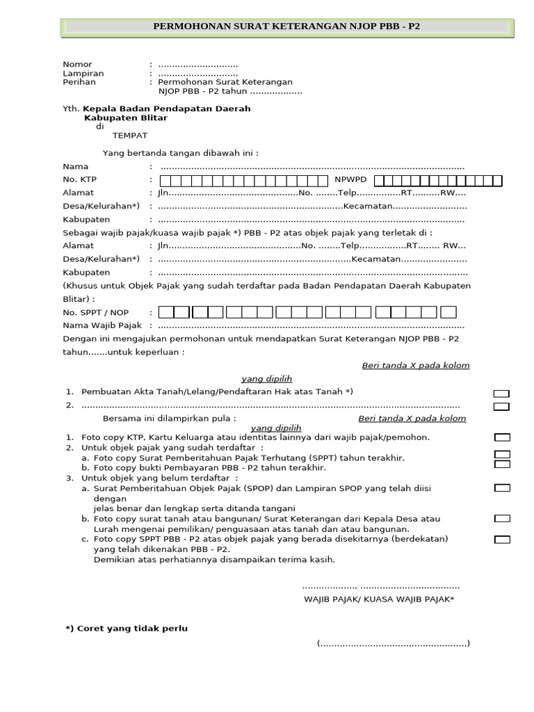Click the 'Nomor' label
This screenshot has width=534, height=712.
coord(77,64)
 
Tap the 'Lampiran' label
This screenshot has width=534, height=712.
coord(83,73)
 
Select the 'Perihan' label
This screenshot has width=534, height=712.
coord(79,82)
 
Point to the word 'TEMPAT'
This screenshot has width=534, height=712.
coord(130,135)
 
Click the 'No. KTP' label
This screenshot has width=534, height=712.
coord(79,179)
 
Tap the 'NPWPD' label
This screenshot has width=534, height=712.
coord(351,179)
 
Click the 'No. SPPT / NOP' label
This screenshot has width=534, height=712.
coord(96,312)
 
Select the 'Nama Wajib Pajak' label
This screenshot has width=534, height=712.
coord(102,325)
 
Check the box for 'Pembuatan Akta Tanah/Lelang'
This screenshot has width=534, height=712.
coord(501,394)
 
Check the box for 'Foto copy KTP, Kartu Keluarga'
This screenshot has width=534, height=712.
coord(501,437)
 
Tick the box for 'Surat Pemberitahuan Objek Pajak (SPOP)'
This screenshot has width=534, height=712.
coord(501,489)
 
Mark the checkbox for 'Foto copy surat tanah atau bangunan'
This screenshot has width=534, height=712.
coord(501,519)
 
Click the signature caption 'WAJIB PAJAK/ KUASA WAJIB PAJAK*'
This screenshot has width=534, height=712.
coord(379,599)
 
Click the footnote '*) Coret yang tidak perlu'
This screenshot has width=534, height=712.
coord(127,629)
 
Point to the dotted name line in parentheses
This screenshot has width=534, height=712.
coord(394,643)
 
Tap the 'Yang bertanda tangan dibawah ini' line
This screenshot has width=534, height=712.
coord(181,153)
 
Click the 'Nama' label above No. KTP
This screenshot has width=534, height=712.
coord(76,167)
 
